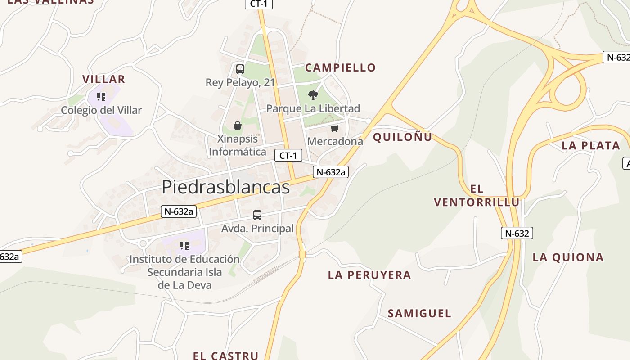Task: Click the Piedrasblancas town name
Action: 225,187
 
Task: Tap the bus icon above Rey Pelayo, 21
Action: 240,69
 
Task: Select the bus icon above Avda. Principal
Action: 257,215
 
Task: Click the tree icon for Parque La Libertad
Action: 313,95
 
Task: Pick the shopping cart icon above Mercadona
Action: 334,129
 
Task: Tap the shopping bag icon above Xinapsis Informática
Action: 237,126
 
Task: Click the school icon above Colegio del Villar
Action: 101,97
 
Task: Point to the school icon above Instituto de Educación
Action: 184,246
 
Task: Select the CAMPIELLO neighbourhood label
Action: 340,68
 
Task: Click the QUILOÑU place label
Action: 402,137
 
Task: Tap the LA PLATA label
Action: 591,146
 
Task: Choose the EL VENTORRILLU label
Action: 477,196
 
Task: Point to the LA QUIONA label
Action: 568,257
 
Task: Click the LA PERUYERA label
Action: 369,275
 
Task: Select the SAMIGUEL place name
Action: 419,314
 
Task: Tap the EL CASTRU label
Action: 225,355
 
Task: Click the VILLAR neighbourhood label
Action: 103,80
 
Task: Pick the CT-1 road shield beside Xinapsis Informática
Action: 288,156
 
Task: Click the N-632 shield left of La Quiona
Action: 517,233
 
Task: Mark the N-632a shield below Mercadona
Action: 331,171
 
